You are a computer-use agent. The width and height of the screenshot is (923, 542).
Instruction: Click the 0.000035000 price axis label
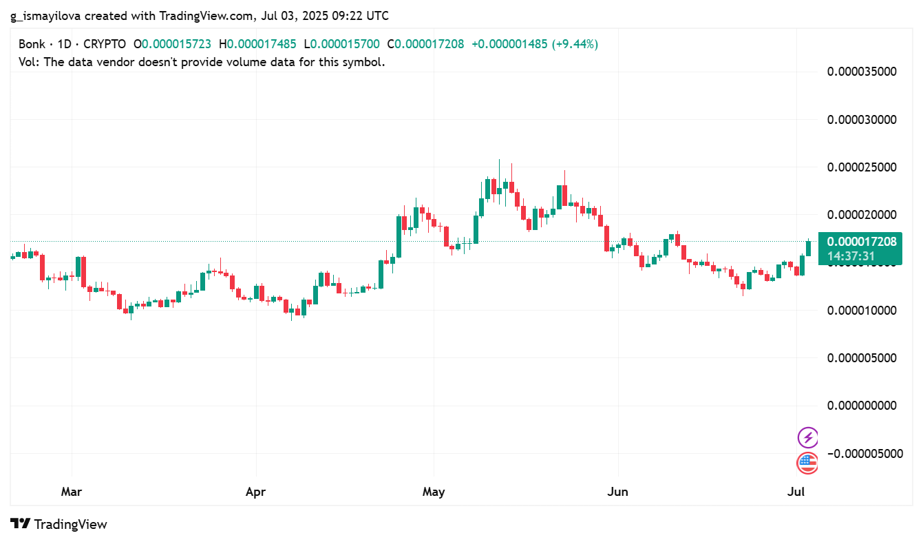point(862,71)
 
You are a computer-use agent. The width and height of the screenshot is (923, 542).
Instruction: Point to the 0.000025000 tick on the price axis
point(862,167)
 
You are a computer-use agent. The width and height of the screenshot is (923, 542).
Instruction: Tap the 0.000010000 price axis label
point(862,310)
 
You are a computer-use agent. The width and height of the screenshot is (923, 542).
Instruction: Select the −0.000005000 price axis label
point(860,453)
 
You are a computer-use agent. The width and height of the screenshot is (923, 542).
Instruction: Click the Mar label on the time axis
point(72,492)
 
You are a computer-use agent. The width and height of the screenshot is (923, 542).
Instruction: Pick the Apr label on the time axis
point(256,492)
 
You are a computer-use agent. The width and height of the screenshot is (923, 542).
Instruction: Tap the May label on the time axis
point(434,492)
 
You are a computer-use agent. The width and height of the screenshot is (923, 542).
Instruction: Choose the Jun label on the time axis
point(618,492)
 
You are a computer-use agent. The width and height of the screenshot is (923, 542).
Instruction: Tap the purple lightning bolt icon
point(807,437)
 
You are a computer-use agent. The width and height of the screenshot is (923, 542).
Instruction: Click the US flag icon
point(807,463)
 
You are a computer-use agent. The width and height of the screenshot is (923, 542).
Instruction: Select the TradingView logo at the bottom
point(59,524)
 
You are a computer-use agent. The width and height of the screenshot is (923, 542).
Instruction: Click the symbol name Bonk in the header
point(32,44)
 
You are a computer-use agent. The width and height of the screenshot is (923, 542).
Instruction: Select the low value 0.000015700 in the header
point(345,44)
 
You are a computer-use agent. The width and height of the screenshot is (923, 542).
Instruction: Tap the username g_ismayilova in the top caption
point(45,15)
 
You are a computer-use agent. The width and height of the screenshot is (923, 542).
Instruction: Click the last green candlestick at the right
point(808,248)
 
